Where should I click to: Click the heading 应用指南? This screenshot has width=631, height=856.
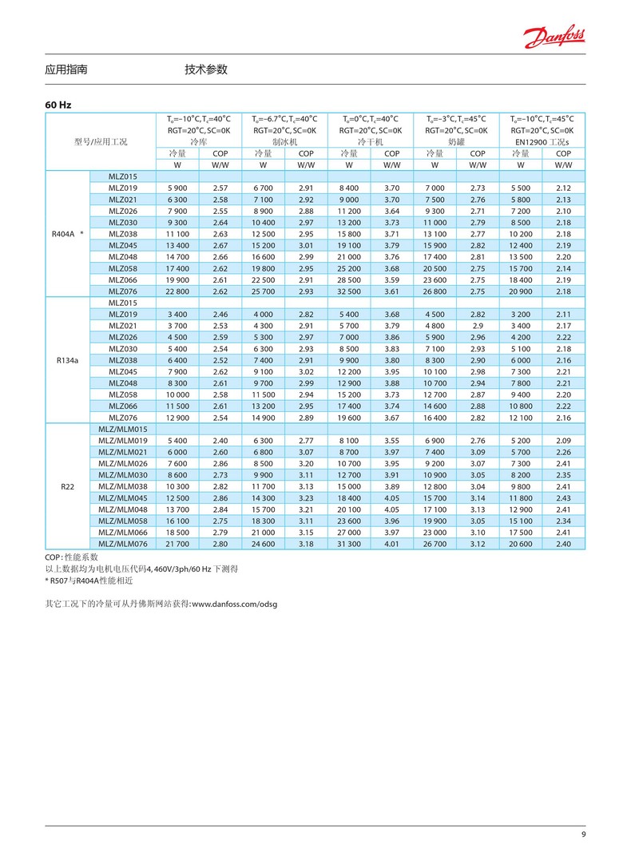[66, 70]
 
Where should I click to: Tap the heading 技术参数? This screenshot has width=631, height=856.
[206, 70]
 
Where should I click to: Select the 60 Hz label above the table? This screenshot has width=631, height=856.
[58, 105]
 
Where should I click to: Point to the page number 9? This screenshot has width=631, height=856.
[583, 835]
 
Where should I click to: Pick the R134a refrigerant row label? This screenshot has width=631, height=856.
[67, 360]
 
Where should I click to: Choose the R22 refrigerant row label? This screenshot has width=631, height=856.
[67, 485]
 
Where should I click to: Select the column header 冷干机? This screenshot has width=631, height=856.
[371, 141]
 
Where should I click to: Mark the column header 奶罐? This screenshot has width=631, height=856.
[456, 141]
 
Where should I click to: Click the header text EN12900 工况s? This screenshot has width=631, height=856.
[542, 141]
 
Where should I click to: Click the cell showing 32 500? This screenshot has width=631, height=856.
[349, 291]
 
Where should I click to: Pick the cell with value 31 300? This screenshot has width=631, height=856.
[349, 544]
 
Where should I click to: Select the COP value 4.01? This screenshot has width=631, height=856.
[392, 544]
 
